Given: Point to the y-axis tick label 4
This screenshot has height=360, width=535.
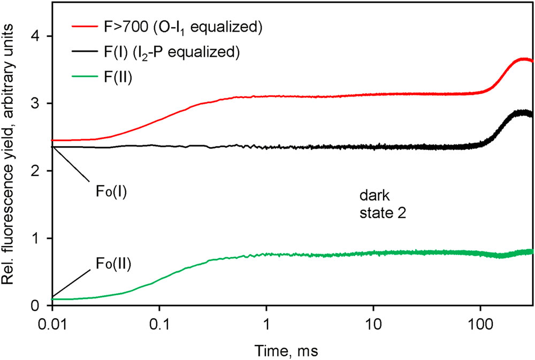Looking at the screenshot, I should click(40, 36).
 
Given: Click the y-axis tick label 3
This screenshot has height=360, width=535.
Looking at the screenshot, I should click(40, 103).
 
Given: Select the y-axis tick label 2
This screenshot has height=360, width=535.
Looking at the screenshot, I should click(40, 171).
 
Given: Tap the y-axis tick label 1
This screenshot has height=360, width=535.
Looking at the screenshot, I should click(40, 238).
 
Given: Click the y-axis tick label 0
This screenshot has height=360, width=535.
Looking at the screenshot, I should click(40, 305).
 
